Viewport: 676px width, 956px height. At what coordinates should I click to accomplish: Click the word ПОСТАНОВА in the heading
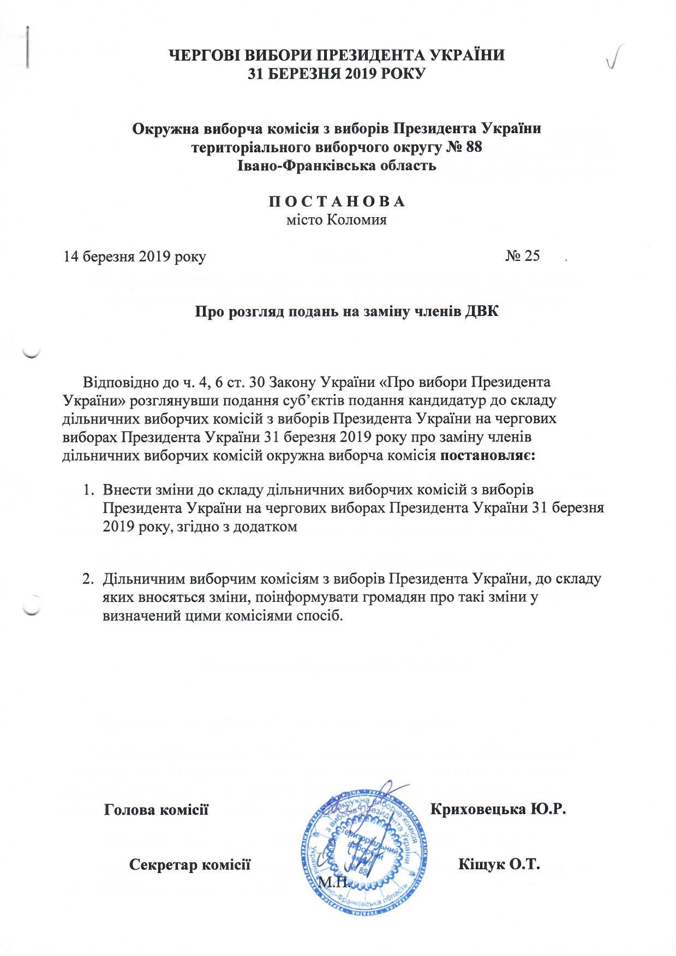click(x=337, y=201)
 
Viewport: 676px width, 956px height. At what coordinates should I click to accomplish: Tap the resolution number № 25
click(x=522, y=256)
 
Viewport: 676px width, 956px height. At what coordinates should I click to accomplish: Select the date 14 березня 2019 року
click(x=135, y=256)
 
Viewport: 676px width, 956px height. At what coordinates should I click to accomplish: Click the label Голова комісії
click(x=157, y=809)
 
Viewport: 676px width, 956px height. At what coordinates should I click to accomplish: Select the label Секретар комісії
click(x=190, y=864)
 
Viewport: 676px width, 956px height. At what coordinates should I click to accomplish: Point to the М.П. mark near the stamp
click(x=330, y=882)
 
